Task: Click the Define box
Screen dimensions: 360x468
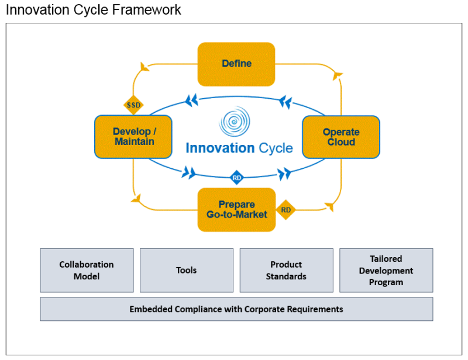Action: [236, 64]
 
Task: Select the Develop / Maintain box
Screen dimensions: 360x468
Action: [133, 137]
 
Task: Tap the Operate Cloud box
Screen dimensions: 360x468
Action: [340, 137]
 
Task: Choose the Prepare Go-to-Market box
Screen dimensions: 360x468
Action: [236, 209]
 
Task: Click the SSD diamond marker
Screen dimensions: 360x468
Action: [134, 105]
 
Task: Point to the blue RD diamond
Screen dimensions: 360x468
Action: [236, 178]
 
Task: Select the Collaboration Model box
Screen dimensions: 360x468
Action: [87, 270]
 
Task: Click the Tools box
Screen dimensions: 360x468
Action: [186, 270]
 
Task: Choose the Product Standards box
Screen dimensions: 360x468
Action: [286, 270]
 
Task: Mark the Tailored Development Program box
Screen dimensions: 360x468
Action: [386, 270]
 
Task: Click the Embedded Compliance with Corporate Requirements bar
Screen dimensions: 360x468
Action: [236, 309]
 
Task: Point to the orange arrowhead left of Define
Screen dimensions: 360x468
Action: [144, 67]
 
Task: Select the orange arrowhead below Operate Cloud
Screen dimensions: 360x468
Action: [329, 206]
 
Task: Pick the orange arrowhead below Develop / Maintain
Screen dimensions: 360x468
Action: [136, 199]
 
